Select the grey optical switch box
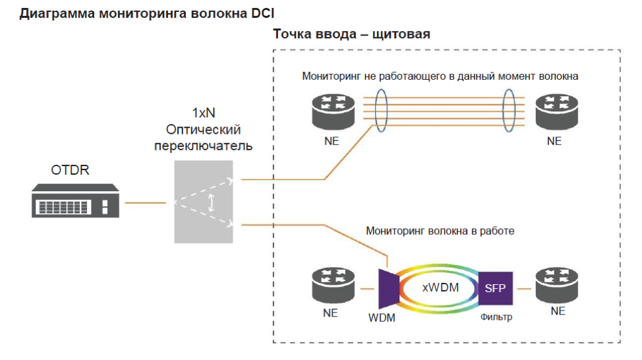pyautogui.click(x=204, y=201)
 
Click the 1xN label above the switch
pyautogui.click(x=203, y=113)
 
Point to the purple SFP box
pyautogui.click(x=495, y=287)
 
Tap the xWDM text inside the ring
pyautogui.click(x=440, y=287)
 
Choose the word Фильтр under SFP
pyautogui.click(x=495, y=317)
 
